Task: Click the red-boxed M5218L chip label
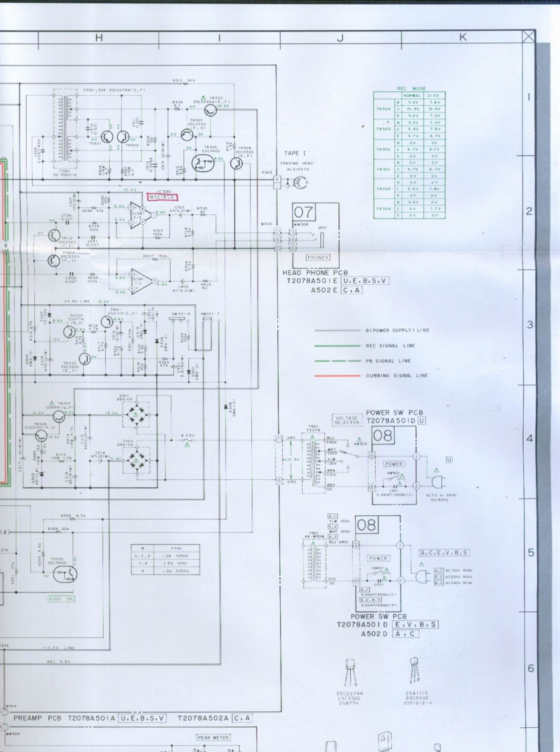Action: click(162, 197)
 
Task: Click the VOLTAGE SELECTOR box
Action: click(346, 420)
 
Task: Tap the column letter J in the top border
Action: click(340, 38)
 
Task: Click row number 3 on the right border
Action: click(529, 325)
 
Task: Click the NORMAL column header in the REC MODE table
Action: click(412, 95)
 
